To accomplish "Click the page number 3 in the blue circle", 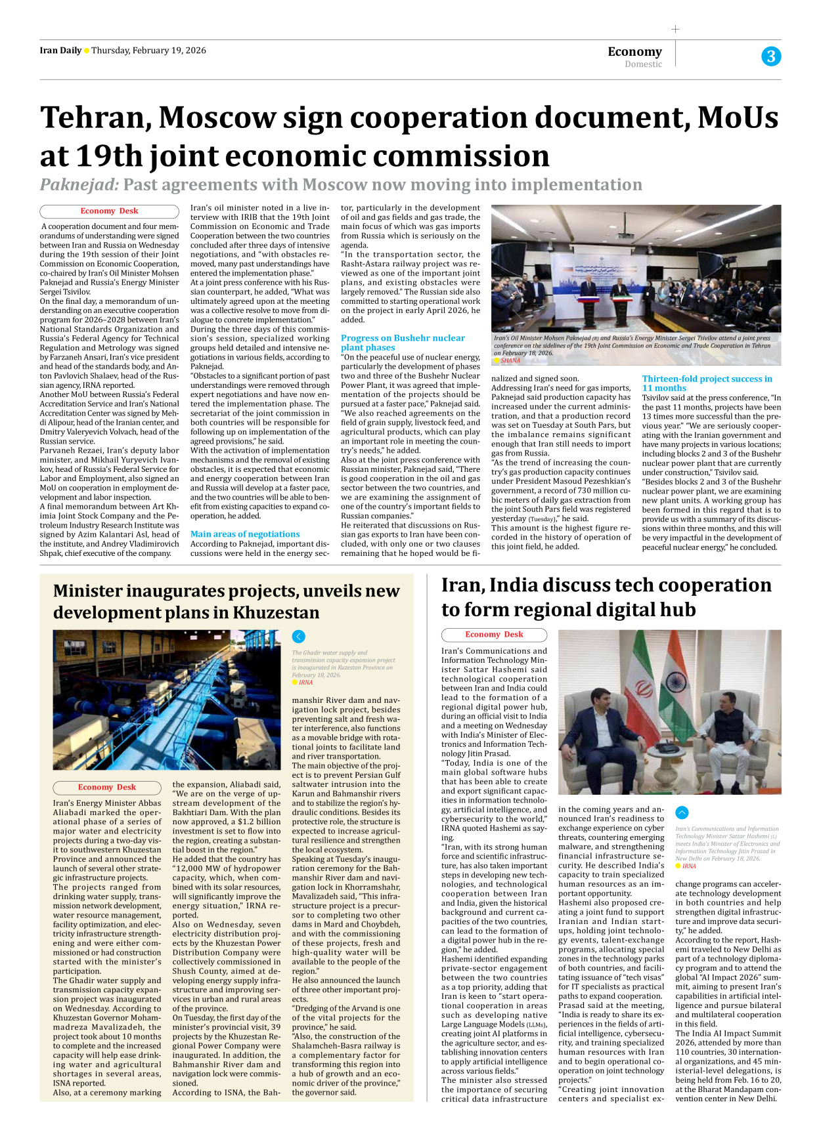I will point(770,56).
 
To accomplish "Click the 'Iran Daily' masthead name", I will point(60,51).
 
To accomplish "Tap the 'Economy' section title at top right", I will point(634,51).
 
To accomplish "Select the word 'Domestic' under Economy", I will point(643,64).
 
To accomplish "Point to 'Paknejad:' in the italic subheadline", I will point(79,185).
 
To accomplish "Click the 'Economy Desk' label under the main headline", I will point(109,211).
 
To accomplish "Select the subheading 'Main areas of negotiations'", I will point(245,534).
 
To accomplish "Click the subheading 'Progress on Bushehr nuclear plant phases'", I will point(402,343).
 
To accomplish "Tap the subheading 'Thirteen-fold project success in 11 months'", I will point(707,383).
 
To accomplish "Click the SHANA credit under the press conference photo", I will point(510,360).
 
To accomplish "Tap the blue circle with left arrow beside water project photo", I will point(298,636).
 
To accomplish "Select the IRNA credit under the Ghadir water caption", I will point(305,683).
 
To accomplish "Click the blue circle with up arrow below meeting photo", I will point(682,812).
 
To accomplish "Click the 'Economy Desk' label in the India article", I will point(494,635).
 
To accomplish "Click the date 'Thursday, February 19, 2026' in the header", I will point(148,51).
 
